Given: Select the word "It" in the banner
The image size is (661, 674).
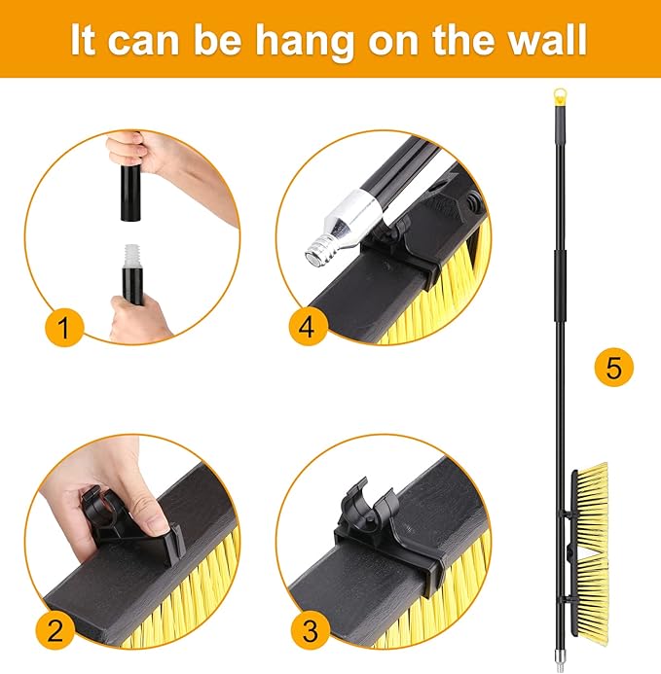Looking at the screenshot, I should pyautogui.click(x=83, y=42).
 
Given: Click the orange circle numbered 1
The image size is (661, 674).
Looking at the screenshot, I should pyautogui.click(x=64, y=327).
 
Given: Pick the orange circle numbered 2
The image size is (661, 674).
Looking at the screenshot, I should pyautogui.click(x=55, y=630).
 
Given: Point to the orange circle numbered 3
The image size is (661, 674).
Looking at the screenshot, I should pyautogui.click(x=311, y=630).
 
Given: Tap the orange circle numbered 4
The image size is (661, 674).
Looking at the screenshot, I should pyautogui.click(x=308, y=327).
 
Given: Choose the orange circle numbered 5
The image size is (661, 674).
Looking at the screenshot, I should pyautogui.click(x=614, y=368).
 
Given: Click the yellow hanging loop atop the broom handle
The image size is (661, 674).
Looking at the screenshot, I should pyautogui.click(x=560, y=95).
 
